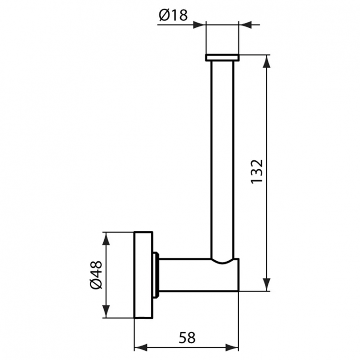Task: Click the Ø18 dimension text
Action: click(173, 16)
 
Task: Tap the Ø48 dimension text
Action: click(96, 275)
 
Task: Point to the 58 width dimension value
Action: click(187, 337)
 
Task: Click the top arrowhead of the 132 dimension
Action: click(267, 60)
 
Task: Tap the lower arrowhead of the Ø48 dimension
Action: click(105, 312)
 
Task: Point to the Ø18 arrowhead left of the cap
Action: click(200, 24)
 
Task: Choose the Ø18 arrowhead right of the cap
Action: click(244, 24)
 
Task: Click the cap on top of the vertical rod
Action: click(222, 58)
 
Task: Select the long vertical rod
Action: click(222, 158)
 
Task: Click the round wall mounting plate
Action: click(143, 275)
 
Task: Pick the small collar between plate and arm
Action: click(156, 275)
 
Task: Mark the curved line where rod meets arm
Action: click(223, 261)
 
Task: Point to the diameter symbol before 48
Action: click(96, 284)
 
